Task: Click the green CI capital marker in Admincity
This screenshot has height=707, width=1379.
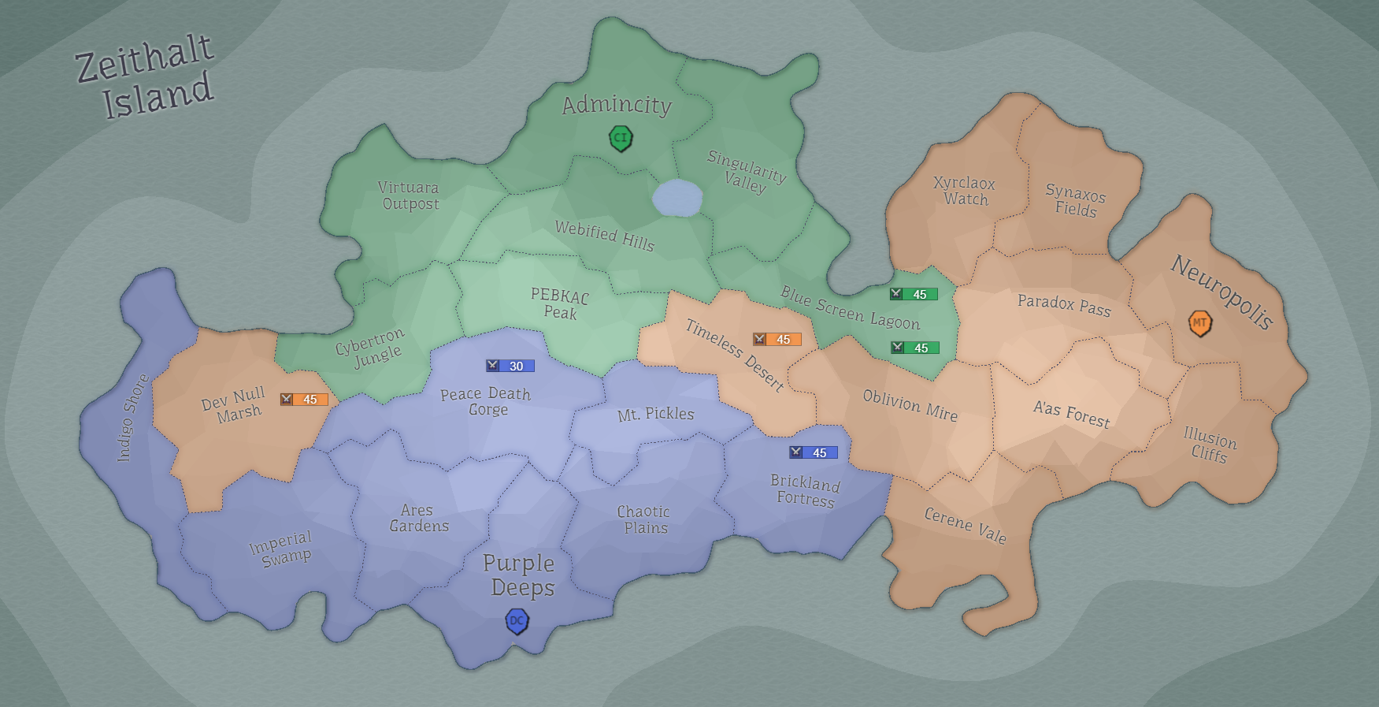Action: point(621,139)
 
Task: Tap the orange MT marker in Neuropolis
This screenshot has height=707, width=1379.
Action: point(1199,323)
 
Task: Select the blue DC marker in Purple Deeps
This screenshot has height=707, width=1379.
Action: point(517,622)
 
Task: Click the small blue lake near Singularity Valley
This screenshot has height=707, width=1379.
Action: point(677,198)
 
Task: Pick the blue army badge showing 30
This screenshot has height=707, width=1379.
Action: point(510,366)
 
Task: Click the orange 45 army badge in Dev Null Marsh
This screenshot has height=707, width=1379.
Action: point(304,400)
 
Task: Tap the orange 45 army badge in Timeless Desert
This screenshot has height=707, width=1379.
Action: point(777,340)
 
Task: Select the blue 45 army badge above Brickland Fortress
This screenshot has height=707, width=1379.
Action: point(813,452)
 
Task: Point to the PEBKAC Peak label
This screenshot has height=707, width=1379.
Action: point(560,304)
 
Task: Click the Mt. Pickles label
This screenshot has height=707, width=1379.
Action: point(655,414)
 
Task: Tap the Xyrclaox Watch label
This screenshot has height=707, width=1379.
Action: point(965,191)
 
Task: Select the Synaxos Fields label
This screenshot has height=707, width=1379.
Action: point(1076,201)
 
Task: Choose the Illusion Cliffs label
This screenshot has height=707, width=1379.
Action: point(1210,445)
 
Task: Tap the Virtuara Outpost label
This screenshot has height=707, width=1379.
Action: point(409,195)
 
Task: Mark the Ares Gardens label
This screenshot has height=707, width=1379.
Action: point(418,518)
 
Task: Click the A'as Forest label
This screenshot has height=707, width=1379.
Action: point(1071,414)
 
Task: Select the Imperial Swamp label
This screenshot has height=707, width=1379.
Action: point(282,549)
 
